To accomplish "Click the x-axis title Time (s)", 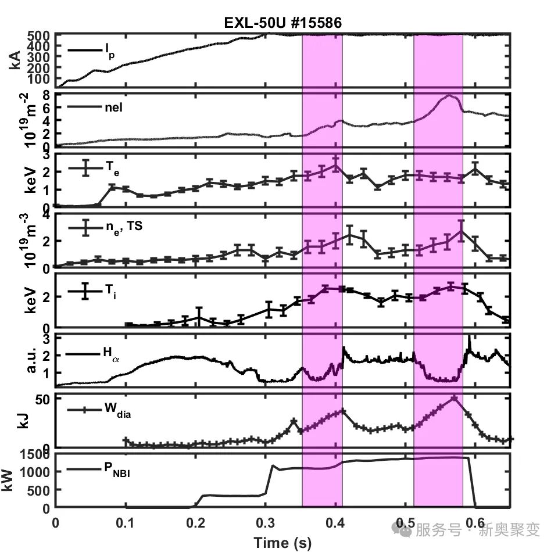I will click(x=282, y=543).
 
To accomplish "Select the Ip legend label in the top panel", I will click(x=109, y=51).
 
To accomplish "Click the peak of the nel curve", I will click(x=449, y=96).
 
